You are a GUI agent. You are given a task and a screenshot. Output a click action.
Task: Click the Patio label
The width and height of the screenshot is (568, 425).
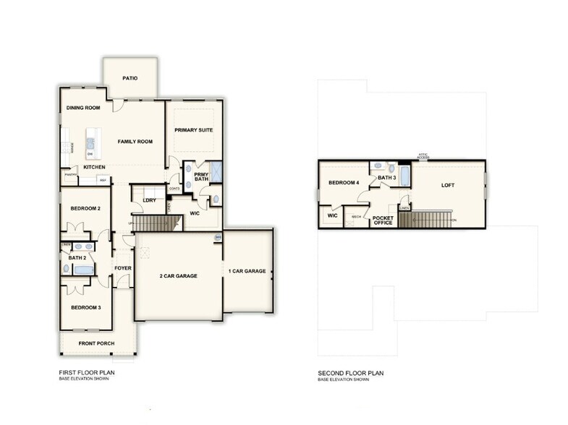click(130, 78)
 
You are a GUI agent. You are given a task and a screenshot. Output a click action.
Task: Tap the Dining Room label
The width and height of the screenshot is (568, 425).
click(83, 108)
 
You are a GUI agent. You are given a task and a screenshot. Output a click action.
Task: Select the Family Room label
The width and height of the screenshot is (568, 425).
click(135, 142)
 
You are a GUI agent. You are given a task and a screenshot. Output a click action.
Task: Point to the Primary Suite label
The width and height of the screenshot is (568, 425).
click(193, 130)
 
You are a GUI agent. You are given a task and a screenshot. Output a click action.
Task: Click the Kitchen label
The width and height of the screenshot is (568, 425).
click(95, 167)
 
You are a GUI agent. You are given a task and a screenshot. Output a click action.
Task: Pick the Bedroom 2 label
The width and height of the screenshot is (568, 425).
click(85, 208)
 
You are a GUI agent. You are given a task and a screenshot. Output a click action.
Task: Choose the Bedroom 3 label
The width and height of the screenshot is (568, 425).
click(85, 307)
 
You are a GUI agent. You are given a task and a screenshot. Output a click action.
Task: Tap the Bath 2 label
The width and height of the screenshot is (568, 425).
click(77, 257)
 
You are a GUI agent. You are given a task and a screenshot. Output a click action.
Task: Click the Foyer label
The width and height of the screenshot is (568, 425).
click(123, 269)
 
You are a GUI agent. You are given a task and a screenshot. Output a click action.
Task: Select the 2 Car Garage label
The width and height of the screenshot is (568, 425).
click(178, 275)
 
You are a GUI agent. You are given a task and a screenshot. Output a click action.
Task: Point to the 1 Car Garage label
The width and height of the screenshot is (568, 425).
click(248, 271)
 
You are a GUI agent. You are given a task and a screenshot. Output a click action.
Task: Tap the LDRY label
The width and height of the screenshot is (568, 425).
click(149, 200)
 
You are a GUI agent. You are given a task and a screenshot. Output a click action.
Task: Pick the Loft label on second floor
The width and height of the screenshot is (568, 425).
click(449, 184)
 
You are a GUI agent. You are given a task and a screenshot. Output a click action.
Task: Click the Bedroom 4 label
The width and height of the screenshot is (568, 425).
click(344, 183)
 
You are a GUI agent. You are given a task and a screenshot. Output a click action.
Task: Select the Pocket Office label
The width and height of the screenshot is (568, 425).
click(383, 220)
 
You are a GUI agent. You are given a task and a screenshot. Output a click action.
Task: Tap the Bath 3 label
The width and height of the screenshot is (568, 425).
click(387, 177)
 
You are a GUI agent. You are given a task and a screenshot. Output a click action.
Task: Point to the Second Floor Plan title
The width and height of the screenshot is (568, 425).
click(350, 373)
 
